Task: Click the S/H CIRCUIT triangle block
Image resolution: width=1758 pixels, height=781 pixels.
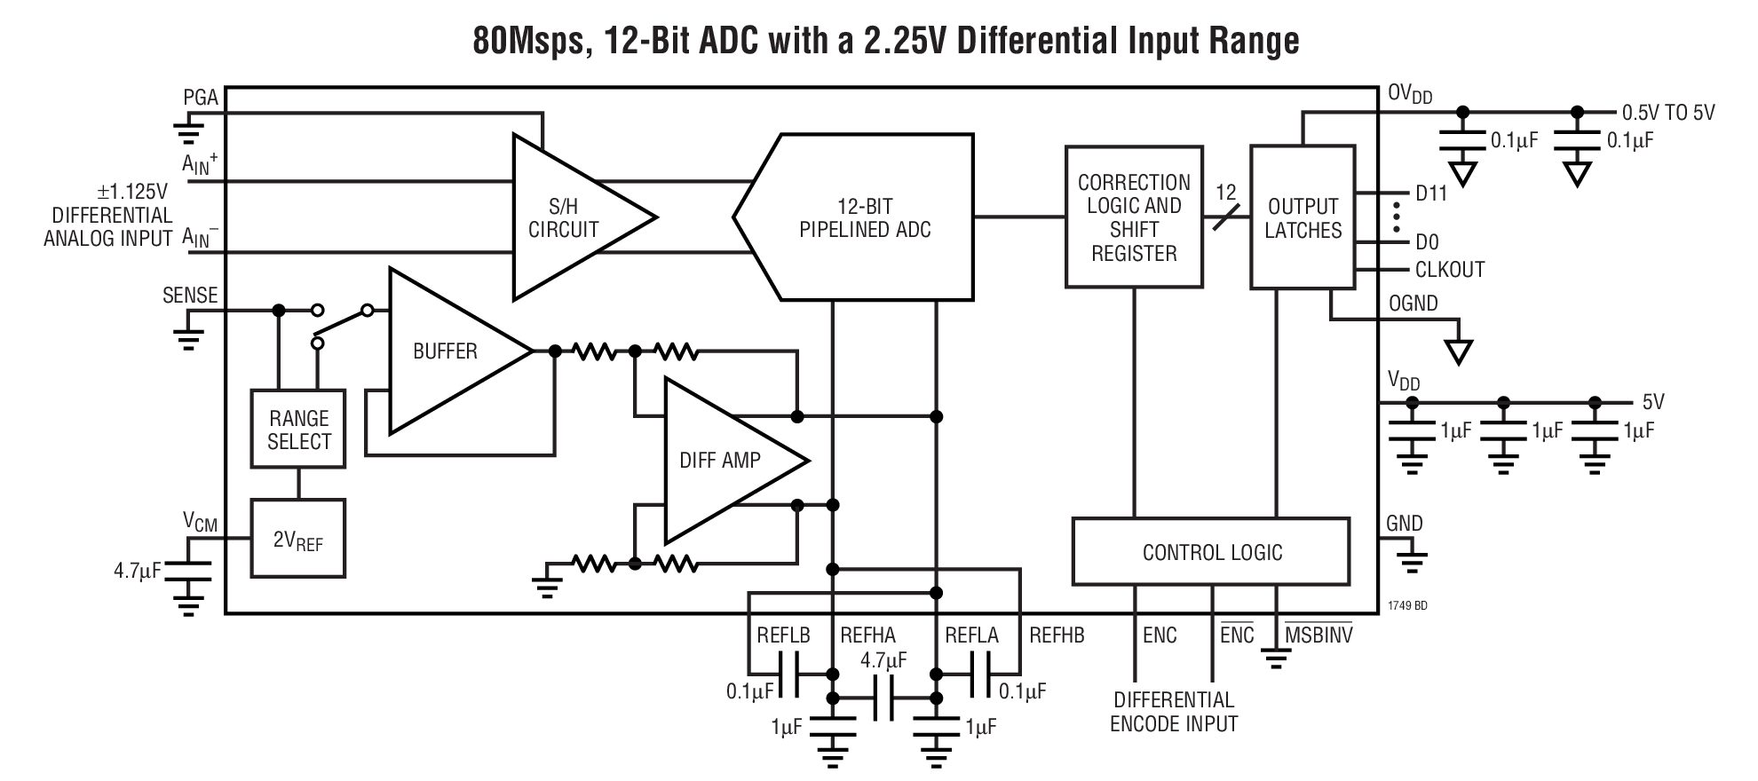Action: [x=568, y=218]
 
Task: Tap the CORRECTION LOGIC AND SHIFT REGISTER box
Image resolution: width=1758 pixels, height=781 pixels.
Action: [x=1134, y=217]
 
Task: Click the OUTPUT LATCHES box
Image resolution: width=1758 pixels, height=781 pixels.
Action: [x=1303, y=217]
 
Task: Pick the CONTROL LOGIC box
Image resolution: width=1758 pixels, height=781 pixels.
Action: [x=1211, y=552]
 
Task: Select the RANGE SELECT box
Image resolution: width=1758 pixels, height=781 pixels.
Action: [x=298, y=430]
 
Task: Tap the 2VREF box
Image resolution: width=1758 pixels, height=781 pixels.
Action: [x=297, y=539]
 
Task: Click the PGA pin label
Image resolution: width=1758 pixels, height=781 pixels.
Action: [x=201, y=98]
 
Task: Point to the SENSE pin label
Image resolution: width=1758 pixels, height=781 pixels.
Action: [x=190, y=296]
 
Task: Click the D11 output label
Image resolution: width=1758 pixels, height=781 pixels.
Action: [x=1430, y=193]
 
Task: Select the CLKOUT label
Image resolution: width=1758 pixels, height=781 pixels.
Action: [x=1449, y=270]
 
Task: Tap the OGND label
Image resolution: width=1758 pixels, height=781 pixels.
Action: [x=1413, y=304]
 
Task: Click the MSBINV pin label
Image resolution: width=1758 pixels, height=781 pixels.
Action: [x=1318, y=635]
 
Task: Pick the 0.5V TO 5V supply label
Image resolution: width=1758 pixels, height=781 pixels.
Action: [x=1667, y=113]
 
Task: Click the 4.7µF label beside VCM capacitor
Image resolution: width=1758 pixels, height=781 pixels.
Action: [x=138, y=571]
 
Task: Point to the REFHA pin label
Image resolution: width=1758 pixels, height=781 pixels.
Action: [x=867, y=635]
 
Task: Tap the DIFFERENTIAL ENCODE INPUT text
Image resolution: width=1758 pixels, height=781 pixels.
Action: [x=1173, y=712]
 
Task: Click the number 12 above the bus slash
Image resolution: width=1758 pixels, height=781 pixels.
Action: [x=1225, y=192]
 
